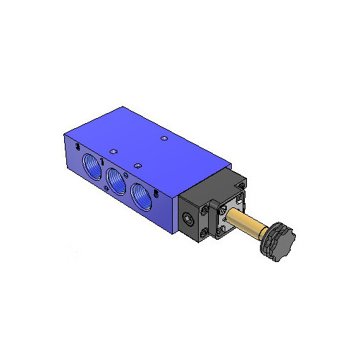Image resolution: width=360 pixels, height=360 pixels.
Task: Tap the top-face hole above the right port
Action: point(135,163)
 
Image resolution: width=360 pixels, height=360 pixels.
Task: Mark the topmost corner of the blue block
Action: point(124,108)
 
